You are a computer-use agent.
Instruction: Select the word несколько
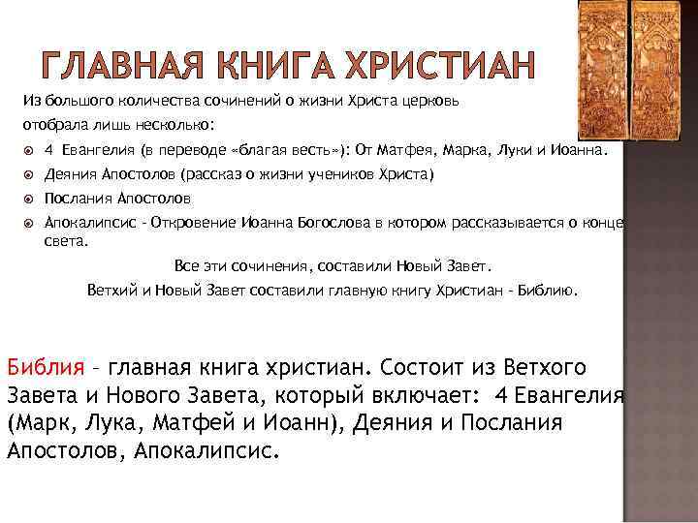[x=185, y=125]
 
